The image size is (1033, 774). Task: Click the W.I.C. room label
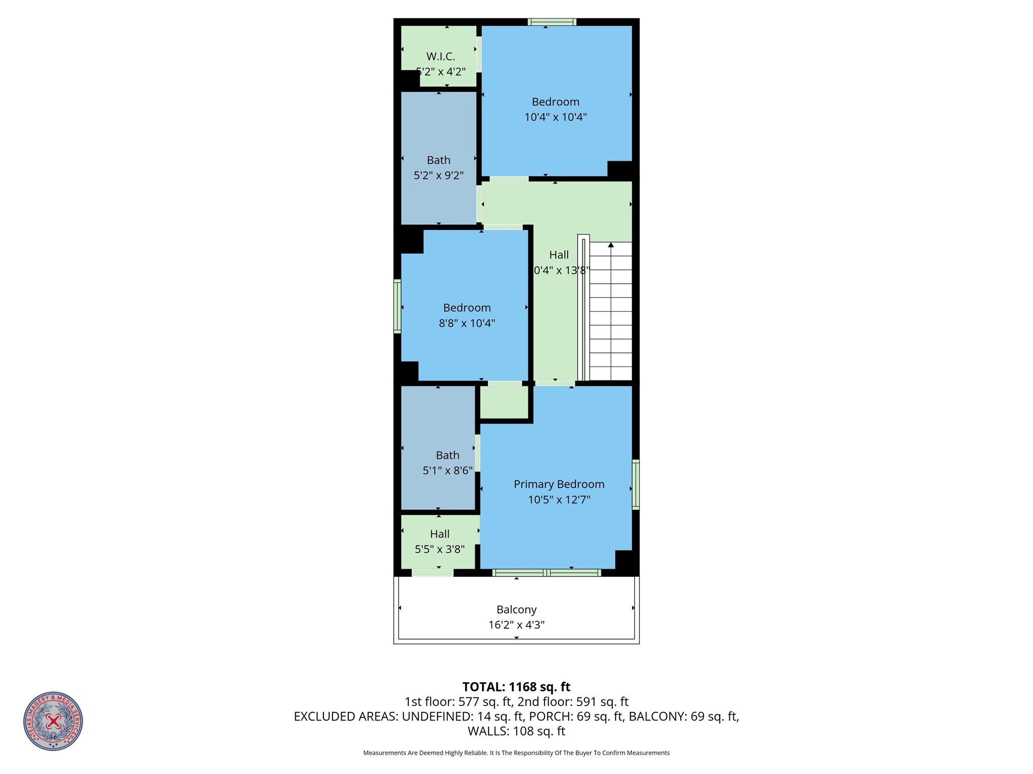click(x=440, y=56)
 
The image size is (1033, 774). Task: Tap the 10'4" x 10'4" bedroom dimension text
click(x=555, y=117)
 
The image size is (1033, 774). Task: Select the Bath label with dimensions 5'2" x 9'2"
click(x=438, y=160)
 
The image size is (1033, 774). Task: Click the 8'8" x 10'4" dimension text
click(x=466, y=323)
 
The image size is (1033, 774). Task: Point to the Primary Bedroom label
click(x=559, y=484)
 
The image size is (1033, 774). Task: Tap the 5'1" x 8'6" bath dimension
click(x=447, y=470)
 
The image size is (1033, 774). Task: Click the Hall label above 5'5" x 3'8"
click(x=440, y=534)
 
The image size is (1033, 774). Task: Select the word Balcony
click(x=516, y=610)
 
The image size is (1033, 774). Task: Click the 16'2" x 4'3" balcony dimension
click(x=516, y=625)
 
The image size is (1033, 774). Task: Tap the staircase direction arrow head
click(x=611, y=245)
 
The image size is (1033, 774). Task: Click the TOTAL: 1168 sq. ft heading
click(x=516, y=687)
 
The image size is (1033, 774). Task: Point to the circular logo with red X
click(x=53, y=721)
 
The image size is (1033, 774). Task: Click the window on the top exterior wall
click(x=552, y=22)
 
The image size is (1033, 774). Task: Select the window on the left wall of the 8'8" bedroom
click(x=397, y=306)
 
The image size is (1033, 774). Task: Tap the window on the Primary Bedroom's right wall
click(x=636, y=484)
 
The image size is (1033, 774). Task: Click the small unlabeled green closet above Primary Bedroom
click(x=503, y=402)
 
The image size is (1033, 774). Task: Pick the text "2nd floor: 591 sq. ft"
click(x=573, y=702)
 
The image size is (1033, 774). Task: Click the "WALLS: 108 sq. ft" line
click(x=516, y=731)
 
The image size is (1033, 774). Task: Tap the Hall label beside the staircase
click(x=559, y=255)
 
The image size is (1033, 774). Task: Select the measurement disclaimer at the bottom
click(x=516, y=753)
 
